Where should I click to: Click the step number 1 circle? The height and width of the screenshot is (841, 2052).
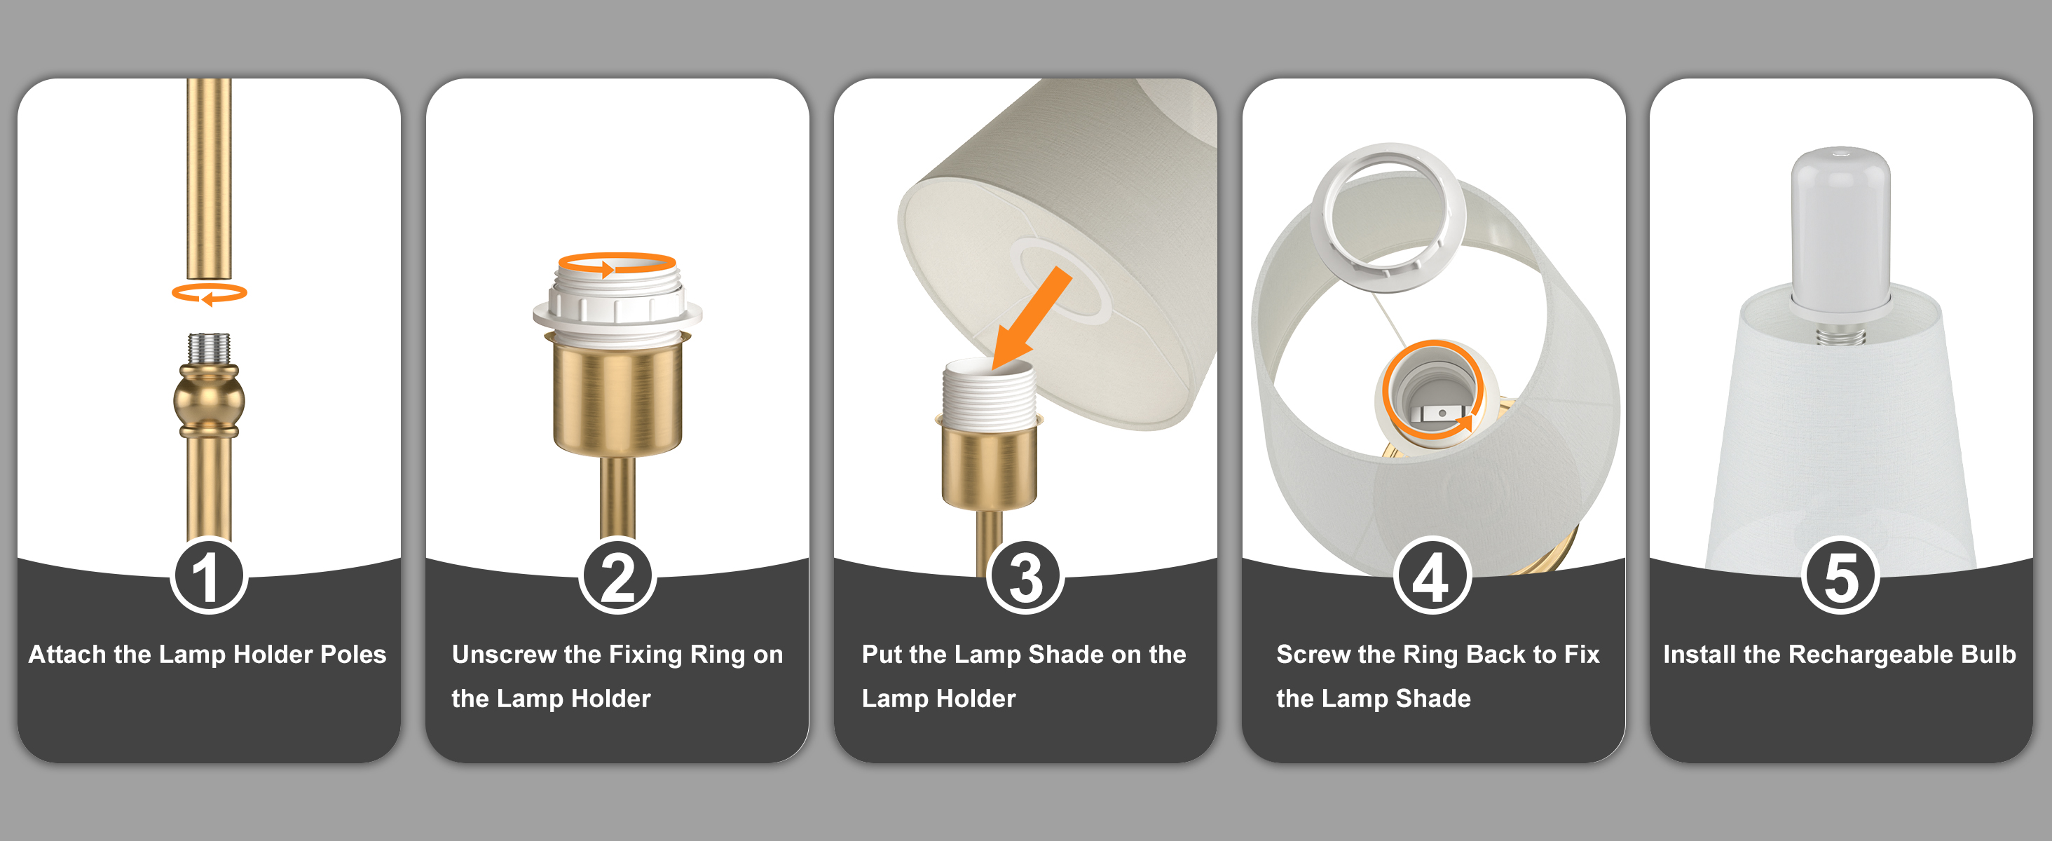point(209,576)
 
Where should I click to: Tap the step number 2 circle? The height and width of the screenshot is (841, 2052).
point(617,576)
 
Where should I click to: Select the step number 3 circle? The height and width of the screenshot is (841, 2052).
point(1025,576)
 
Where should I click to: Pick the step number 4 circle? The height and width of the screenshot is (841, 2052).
point(1432,576)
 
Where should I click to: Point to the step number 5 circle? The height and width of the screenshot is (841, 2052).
point(1841,576)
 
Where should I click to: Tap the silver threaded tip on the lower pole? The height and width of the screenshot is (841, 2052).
point(209,349)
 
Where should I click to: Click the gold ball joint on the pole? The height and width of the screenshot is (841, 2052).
point(209,401)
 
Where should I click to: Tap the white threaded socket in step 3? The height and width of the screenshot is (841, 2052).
point(989,394)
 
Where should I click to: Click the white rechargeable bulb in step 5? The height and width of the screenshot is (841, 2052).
point(1841,231)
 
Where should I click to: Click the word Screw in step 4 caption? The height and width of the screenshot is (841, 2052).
point(1313,654)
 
